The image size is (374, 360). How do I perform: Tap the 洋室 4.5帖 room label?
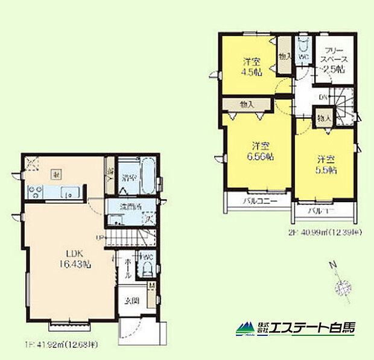[251, 66]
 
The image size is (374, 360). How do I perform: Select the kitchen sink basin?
[68, 194]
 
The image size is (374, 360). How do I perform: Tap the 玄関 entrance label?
[132, 300]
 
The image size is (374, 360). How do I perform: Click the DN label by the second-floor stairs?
[323, 97]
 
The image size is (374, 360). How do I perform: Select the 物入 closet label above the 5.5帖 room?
[323, 117]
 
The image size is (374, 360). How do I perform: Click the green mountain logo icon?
[245, 329]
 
